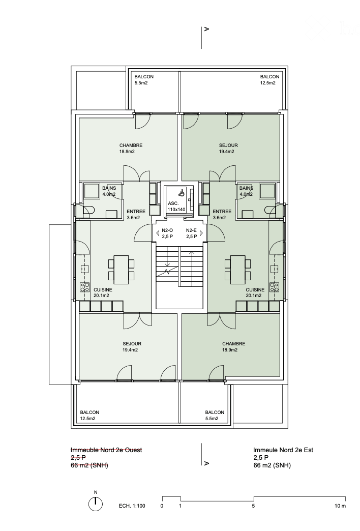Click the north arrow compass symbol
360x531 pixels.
[95, 504]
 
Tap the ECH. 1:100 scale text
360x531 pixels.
[132, 506]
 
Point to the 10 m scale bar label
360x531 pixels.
[340, 506]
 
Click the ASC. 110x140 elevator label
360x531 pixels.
[176, 206]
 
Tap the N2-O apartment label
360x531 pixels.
[168, 233]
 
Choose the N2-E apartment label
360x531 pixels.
[192, 233]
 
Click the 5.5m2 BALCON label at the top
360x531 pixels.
[144, 80]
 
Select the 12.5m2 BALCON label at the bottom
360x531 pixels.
[89, 416]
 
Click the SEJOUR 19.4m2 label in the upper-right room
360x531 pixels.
[228, 149]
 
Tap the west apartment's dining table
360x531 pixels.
[121, 270]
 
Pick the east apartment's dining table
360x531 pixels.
[237, 270]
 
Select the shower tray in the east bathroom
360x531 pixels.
[267, 191]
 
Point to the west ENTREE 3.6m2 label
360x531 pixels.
[136, 215]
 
